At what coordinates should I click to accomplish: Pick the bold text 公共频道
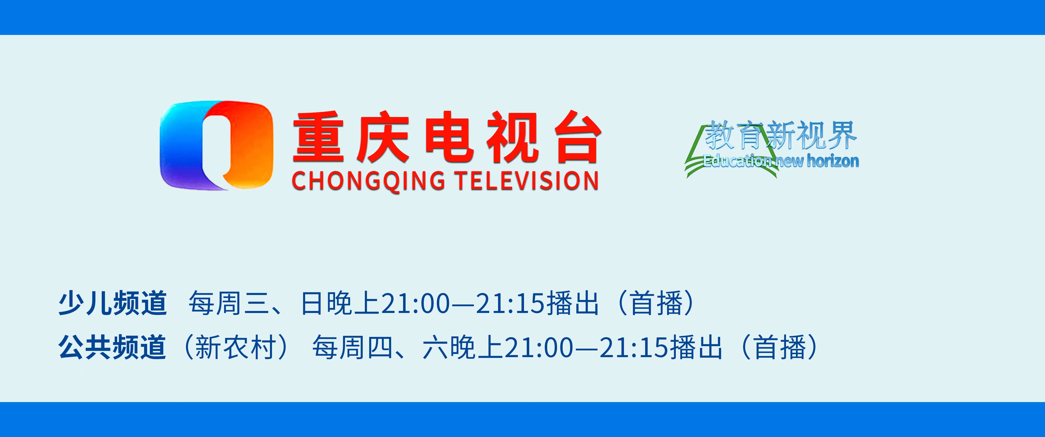pos(112,347)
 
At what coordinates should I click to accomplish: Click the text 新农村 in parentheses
pos(236,347)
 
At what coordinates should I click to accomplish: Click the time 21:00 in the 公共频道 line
pos(539,347)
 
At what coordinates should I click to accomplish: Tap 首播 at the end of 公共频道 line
pos(780,347)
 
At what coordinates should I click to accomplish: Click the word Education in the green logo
pos(737,161)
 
